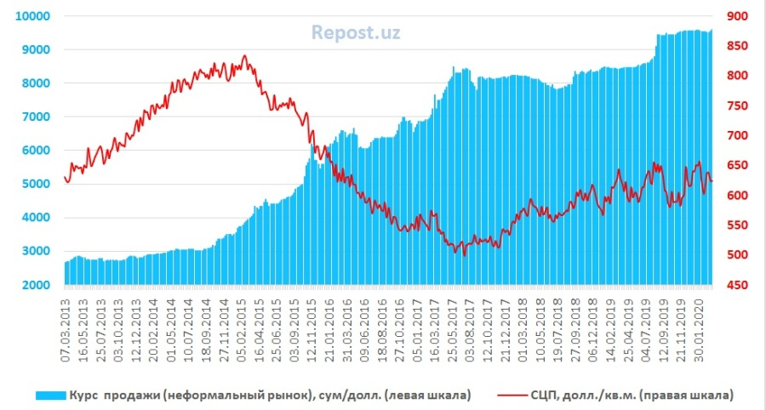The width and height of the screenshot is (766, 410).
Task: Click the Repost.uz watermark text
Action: tap(355, 33)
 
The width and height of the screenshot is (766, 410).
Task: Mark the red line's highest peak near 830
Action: tap(244, 56)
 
